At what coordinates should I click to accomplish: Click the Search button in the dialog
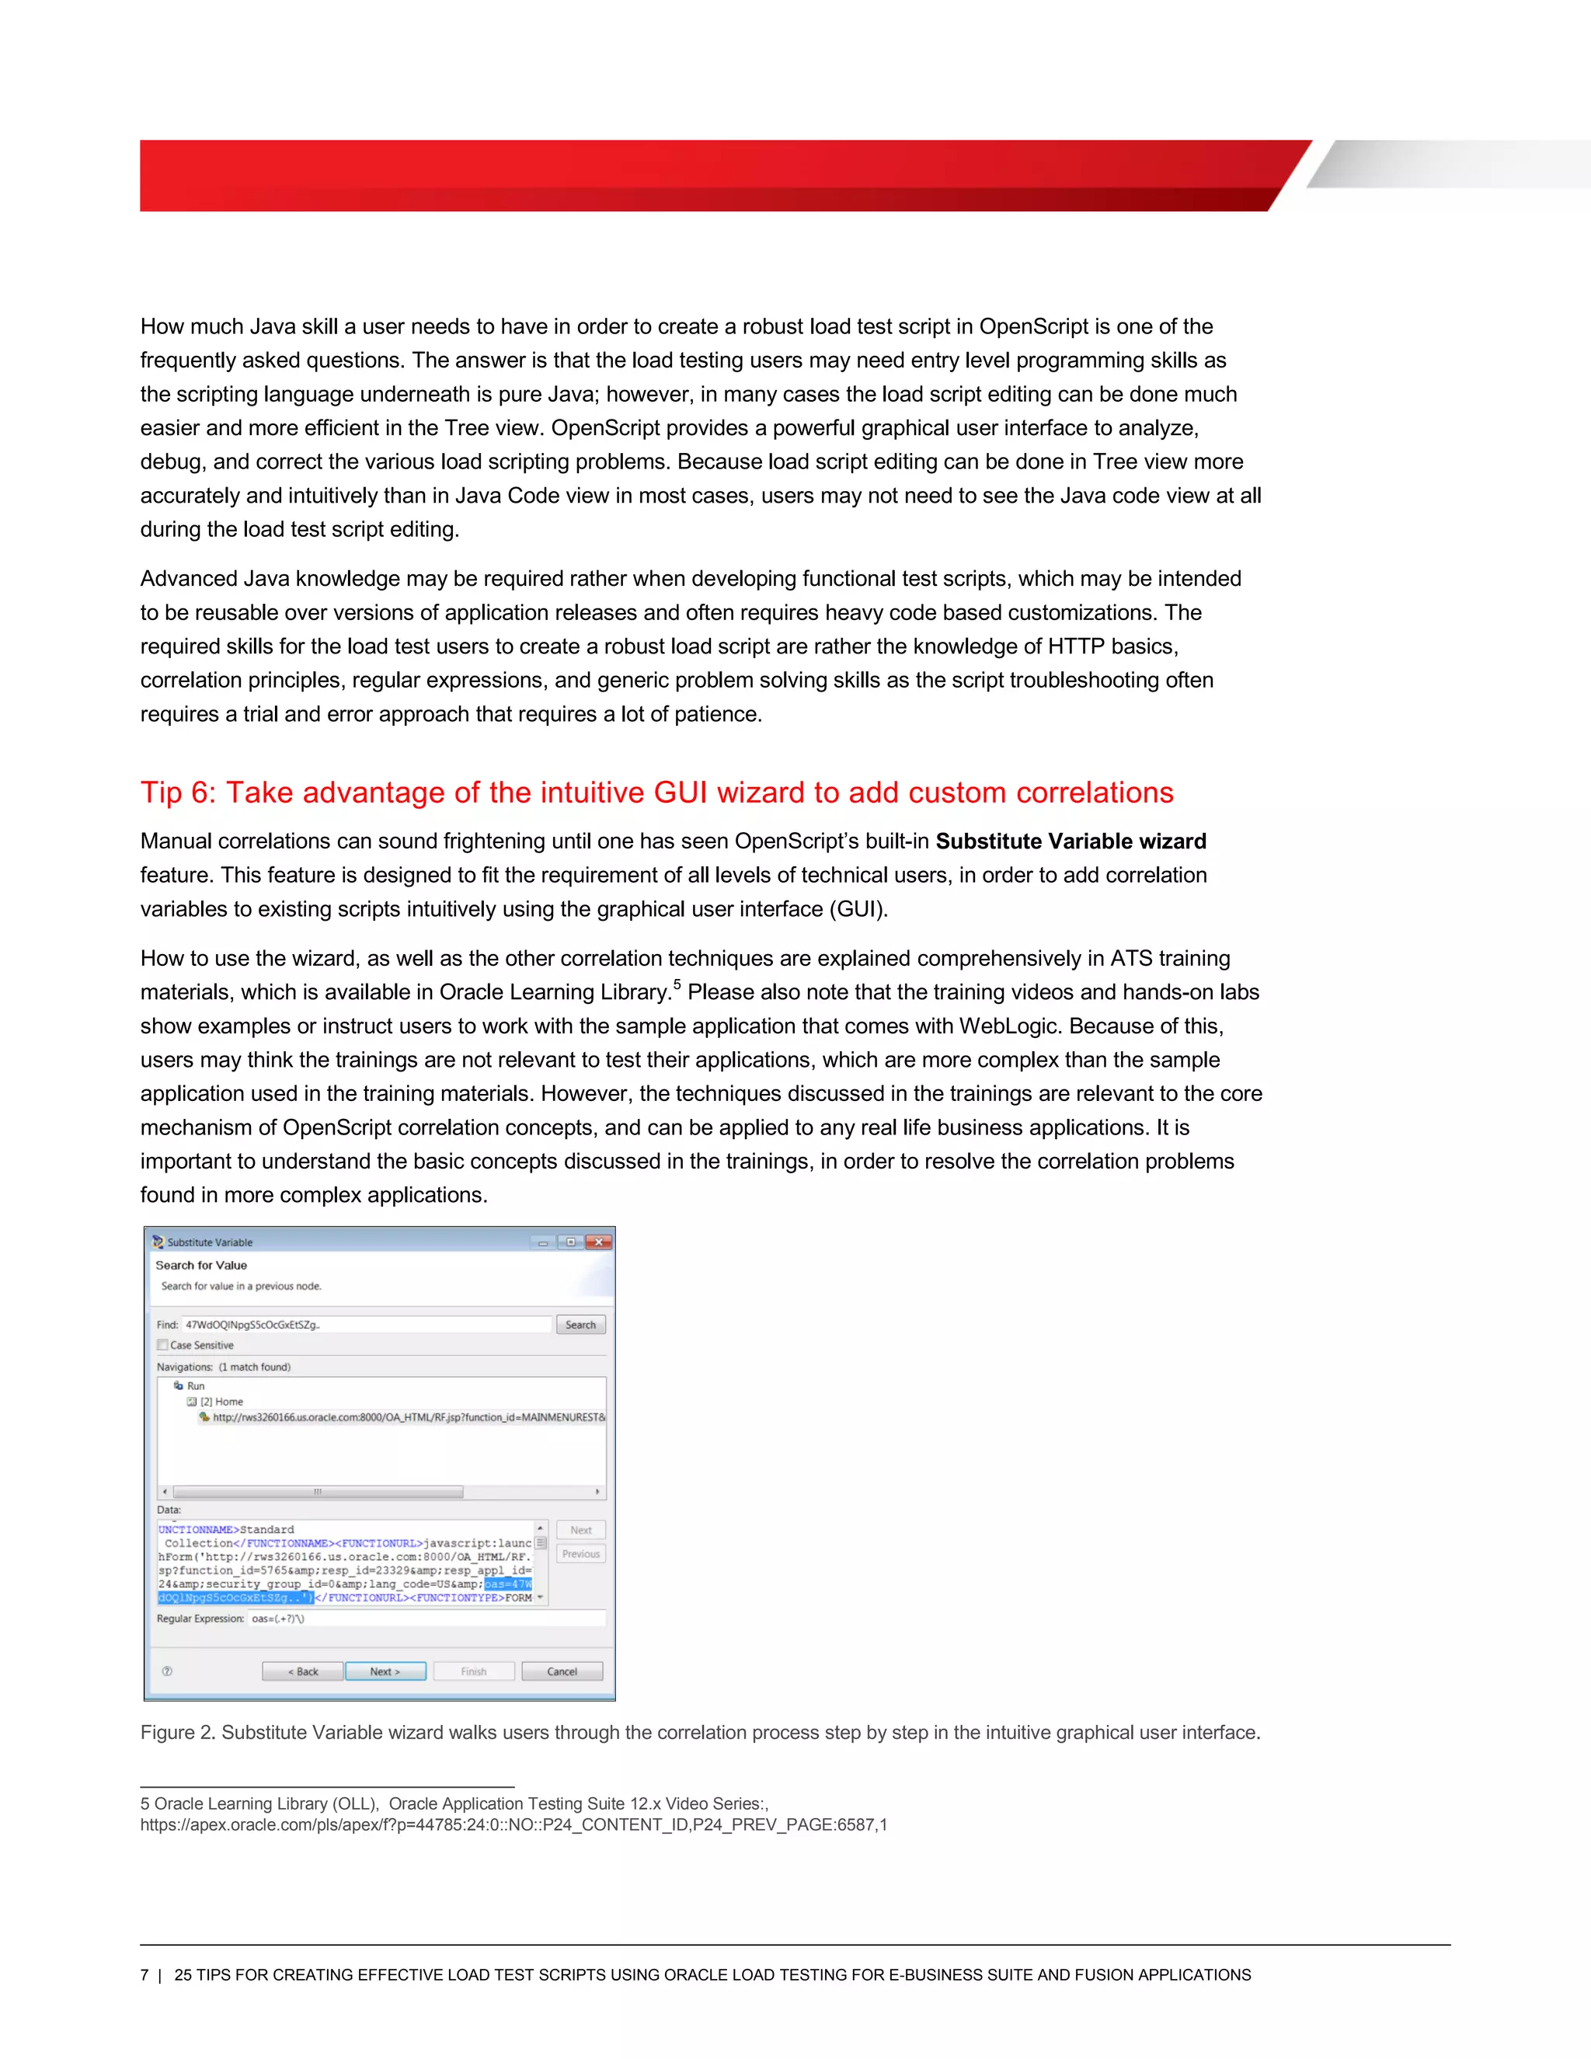click(x=580, y=1325)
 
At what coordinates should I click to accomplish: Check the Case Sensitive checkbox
click(x=163, y=1345)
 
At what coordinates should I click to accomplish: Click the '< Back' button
click(x=302, y=1671)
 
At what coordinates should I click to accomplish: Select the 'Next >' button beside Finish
click(x=385, y=1671)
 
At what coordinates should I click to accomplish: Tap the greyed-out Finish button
click(x=473, y=1671)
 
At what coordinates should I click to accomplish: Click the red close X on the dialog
click(x=598, y=1242)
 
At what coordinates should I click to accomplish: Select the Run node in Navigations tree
click(x=195, y=1386)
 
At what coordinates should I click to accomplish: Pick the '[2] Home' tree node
click(x=221, y=1402)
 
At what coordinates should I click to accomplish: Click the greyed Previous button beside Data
click(x=580, y=1554)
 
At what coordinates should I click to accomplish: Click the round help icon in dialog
click(x=167, y=1671)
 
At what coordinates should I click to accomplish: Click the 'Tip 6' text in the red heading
click(x=178, y=793)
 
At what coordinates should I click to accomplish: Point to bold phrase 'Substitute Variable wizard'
click(x=1071, y=841)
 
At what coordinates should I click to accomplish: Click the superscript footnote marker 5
click(x=677, y=985)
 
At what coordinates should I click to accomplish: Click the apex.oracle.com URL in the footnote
click(x=513, y=1824)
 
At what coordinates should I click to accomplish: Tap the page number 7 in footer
click(x=144, y=1975)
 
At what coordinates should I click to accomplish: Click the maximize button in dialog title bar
click(x=570, y=1242)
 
